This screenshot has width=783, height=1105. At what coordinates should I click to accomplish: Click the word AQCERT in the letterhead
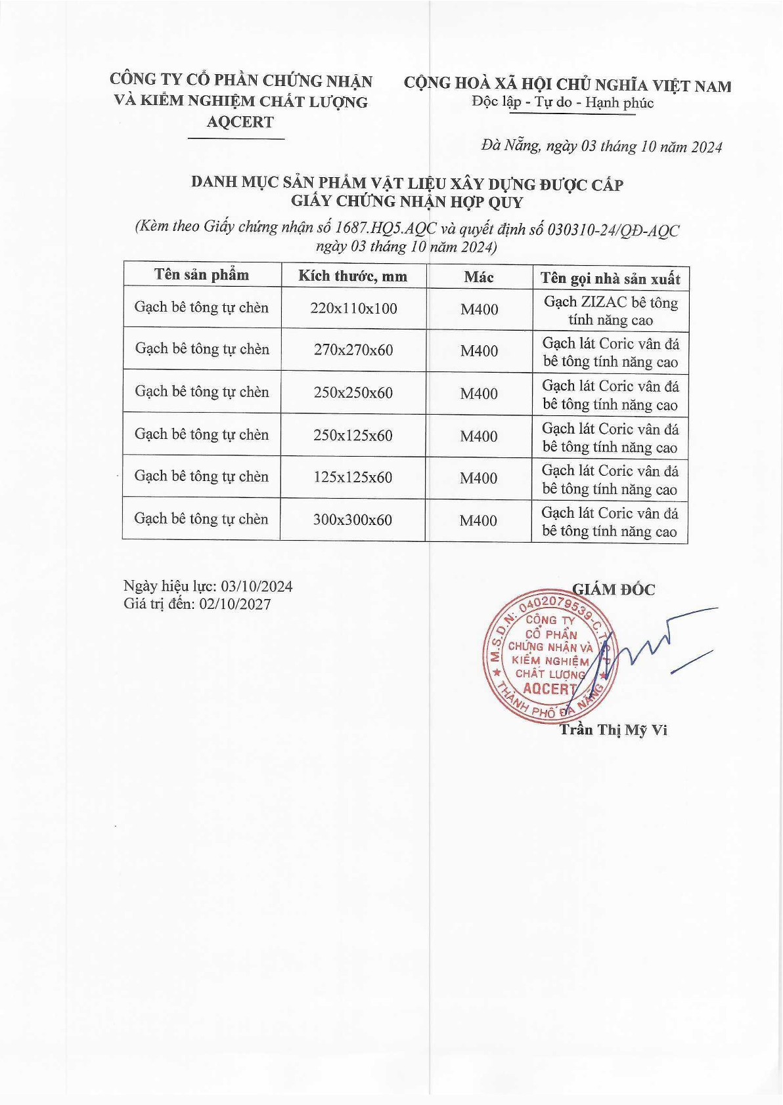(240, 121)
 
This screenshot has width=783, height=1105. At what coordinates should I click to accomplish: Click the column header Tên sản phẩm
(202, 275)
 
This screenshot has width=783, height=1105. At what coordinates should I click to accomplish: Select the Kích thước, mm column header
(353, 276)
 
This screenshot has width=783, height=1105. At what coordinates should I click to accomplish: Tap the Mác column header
(478, 277)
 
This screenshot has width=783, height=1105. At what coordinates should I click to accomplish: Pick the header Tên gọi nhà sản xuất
(610, 279)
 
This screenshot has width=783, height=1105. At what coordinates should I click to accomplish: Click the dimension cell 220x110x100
(353, 308)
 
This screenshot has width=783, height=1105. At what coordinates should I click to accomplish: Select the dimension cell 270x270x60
(353, 350)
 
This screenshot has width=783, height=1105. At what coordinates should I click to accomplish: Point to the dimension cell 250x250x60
(353, 392)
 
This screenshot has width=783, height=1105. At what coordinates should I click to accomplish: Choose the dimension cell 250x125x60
(353, 435)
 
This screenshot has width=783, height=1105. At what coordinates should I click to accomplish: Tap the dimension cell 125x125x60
(353, 477)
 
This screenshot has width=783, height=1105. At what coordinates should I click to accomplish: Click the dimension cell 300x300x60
(353, 520)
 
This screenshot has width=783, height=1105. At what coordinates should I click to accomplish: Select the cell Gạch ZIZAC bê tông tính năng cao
(610, 311)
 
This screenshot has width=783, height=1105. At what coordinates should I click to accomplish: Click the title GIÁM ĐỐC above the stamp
(614, 589)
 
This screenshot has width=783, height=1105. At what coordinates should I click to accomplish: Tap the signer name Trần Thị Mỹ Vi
(613, 730)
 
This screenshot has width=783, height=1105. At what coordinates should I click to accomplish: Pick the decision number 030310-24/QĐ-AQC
(613, 230)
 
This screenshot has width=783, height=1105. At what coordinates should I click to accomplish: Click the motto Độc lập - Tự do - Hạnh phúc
(563, 102)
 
